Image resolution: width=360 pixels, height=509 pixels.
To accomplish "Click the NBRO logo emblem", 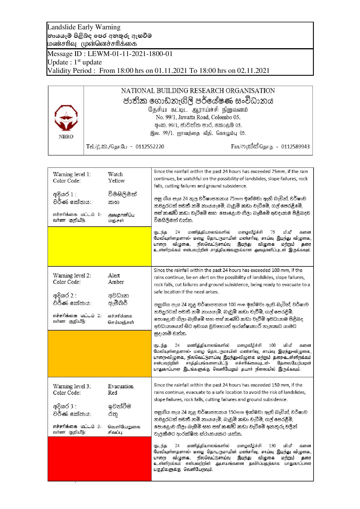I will coord(66,118).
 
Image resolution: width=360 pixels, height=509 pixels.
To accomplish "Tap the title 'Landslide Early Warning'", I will coord(84,27).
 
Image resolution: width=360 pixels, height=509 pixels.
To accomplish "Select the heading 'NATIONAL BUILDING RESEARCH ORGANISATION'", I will coord(198,91).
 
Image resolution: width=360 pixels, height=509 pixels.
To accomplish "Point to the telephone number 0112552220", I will coord(150,147).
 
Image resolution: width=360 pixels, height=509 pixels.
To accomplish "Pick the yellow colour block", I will coord(100,246).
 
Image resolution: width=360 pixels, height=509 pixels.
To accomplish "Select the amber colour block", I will coord(100,353).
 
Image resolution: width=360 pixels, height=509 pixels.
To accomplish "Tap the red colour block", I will coord(100,459).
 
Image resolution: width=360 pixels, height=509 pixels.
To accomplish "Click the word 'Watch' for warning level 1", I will coord(115,174).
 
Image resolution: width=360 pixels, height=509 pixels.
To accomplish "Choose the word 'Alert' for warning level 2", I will coord(114,275).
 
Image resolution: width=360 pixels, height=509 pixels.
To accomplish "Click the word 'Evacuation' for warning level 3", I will coord(120,386).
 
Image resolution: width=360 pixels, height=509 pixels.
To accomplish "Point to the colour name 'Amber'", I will coord(116,282).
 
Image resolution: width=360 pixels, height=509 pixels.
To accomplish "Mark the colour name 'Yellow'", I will coord(116,181).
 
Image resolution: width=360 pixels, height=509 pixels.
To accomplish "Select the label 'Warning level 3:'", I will coord(72,386).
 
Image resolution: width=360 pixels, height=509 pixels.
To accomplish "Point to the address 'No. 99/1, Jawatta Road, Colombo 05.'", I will coord(198,118).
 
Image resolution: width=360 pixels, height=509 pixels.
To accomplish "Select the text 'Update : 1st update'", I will coord(75,62).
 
